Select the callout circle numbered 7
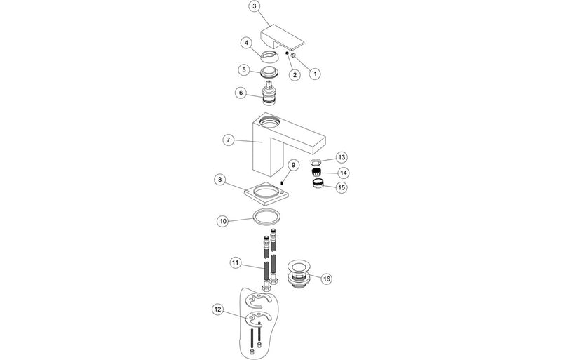tap(228, 140)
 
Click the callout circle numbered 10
tap(222, 220)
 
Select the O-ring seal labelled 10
tap(267, 217)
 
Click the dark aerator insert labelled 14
tap(316, 172)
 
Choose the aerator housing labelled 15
tap(318, 185)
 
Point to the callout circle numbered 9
tap(295, 165)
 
